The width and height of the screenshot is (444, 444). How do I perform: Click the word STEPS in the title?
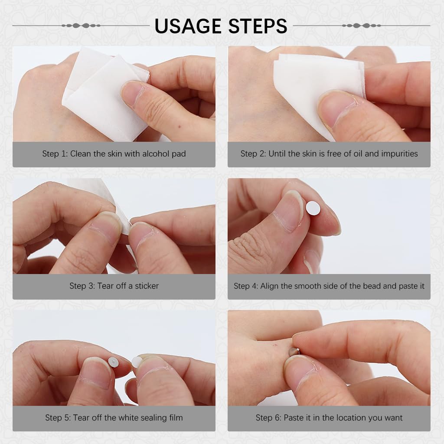(x=258, y=26)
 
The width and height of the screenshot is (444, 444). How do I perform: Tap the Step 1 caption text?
(x=114, y=154)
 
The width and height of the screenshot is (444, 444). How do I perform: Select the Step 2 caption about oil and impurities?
(x=329, y=154)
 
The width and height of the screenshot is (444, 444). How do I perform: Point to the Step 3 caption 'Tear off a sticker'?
(x=114, y=286)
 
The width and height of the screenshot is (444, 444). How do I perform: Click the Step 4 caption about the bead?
(x=329, y=286)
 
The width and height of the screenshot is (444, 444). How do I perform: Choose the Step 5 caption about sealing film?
(x=114, y=418)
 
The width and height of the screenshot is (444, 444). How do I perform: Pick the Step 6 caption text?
(x=329, y=418)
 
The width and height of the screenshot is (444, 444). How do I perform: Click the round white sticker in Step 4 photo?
(x=313, y=208)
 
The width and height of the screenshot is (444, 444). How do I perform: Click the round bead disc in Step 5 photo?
(x=113, y=362)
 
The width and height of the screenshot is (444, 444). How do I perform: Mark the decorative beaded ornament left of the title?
(x=81, y=26)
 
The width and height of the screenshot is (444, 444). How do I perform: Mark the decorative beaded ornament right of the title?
(x=361, y=26)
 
